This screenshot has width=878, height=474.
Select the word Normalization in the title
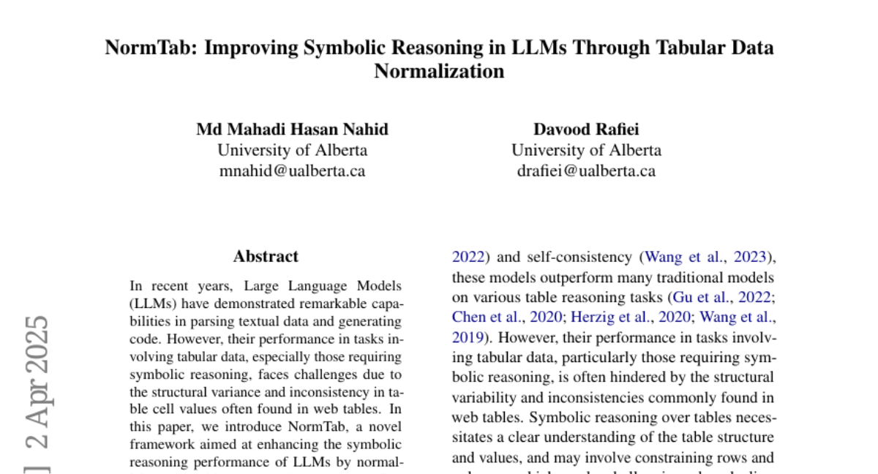[x=439, y=72]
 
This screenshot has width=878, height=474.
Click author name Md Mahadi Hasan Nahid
[x=292, y=130]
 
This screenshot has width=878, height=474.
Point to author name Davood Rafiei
[x=586, y=130]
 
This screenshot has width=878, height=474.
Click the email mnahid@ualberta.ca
[x=292, y=171]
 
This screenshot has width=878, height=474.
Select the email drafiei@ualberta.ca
[x=586, y=171]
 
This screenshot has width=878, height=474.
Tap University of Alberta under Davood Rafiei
[x=586, y=151]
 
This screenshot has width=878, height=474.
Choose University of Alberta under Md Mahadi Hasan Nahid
[x=292, y=151]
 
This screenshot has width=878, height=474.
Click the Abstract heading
[x=266, y=257]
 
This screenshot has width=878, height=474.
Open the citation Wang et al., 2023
[x=705, y=257]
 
